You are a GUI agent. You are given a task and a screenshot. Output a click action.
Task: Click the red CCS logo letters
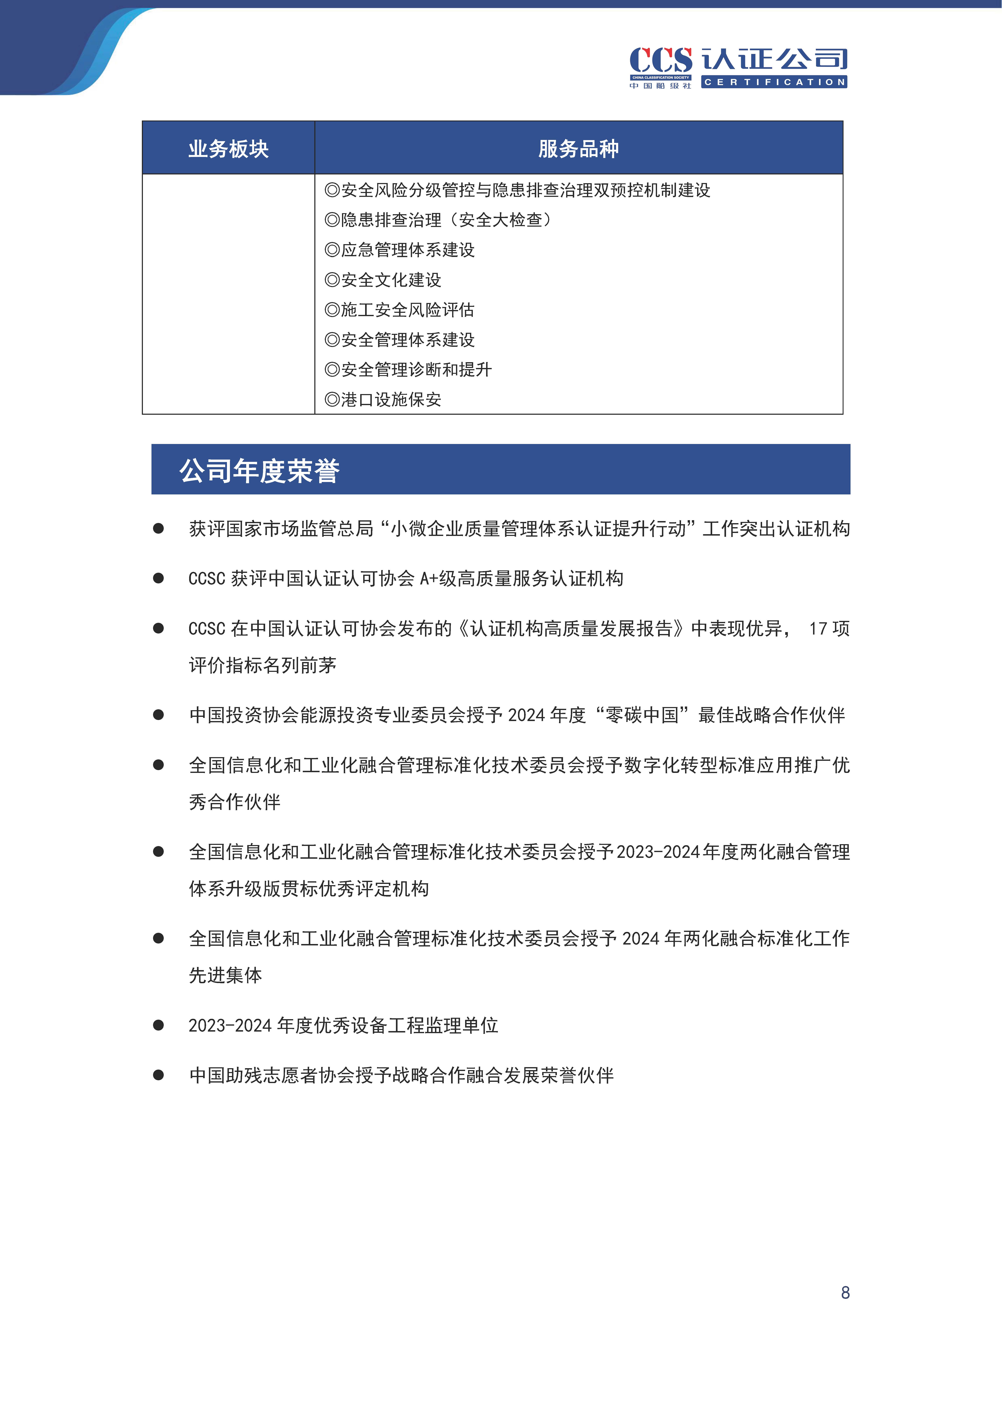click(x=660, y=60)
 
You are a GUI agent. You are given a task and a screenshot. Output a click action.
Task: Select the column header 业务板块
click(x=228, y=149)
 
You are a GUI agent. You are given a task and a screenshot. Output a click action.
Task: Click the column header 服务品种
click(x=578, y=149)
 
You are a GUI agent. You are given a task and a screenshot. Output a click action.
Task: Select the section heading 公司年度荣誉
click(x=259, y=471)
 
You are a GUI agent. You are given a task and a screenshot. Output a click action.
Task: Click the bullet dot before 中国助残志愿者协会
click(x=159, y=1075)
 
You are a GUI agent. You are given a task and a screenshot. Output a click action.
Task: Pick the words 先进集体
click(x=225, y=975)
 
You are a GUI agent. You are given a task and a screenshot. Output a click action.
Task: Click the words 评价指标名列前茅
click(x=262, y=665)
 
